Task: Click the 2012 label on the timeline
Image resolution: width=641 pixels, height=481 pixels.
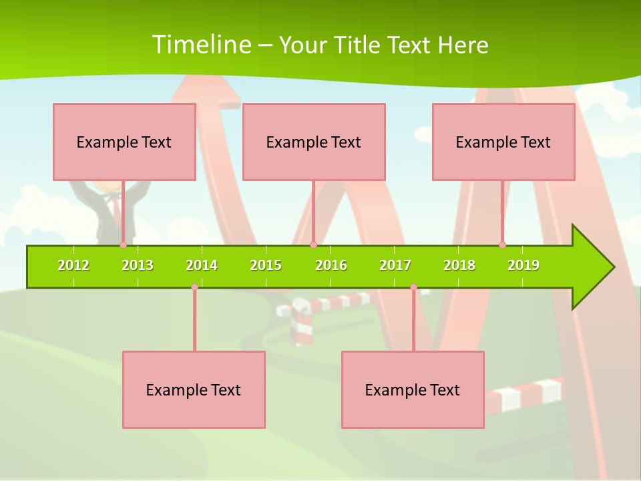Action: (73, 265)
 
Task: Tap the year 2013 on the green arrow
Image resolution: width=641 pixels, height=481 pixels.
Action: (138, 265)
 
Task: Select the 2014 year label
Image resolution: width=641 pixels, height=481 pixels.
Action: (202, 265)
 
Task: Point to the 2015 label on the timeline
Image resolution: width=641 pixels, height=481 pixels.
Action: (266, 265)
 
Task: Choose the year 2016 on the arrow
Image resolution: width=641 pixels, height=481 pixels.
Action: (331, 265)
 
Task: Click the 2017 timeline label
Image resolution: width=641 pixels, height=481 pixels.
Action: (395, 265)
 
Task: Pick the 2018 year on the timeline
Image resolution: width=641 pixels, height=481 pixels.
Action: (459, 265)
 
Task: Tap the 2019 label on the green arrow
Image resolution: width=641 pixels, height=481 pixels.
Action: (523, 265)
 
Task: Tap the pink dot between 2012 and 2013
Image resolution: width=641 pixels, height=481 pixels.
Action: (123, 245)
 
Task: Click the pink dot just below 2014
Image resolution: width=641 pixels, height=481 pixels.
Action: (194, 287)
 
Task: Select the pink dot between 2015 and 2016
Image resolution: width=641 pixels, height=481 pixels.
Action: (313, 245)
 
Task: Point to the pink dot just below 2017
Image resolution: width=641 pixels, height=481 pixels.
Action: (413, 287)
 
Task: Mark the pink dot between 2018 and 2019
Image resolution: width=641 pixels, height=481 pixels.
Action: (502, 245)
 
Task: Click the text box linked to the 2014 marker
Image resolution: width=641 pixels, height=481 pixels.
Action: (194, 389)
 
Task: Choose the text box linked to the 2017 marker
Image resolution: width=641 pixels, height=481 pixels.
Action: (413, 389)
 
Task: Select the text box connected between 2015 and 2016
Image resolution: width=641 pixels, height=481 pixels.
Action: (314, 142)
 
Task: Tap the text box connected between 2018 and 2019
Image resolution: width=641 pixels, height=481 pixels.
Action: (503, 142)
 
